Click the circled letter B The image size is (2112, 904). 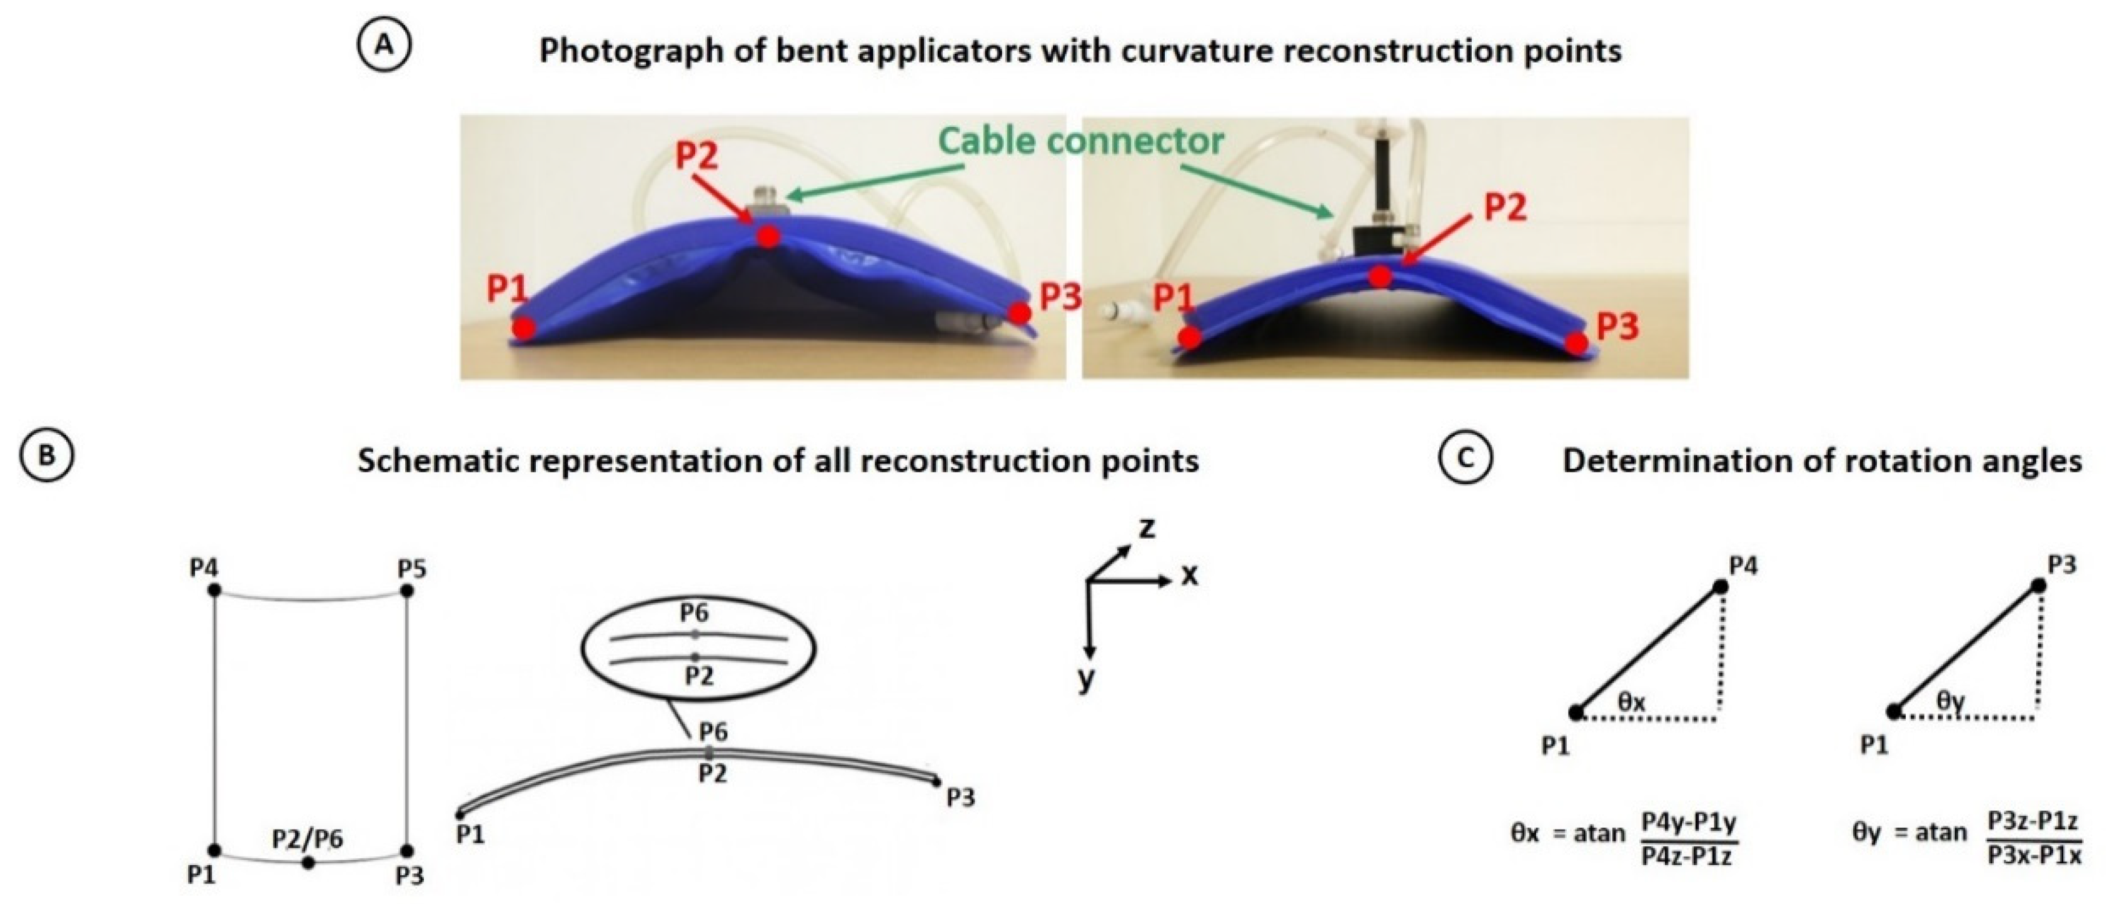pos(47,455)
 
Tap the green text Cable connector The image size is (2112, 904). pos(1080,141)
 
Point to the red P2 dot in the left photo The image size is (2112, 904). pos(768,237)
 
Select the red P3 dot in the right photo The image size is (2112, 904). pos(1577,343)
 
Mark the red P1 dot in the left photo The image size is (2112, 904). pos(525,329)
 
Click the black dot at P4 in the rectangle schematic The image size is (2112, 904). pos(215,590)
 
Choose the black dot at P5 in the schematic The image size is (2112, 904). pos(408,591)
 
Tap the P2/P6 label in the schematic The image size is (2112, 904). pos(308,838)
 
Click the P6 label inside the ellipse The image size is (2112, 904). pos(695,613)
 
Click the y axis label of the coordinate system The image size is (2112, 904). pos(1087,680)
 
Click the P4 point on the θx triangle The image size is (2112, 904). pos(1720,587)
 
